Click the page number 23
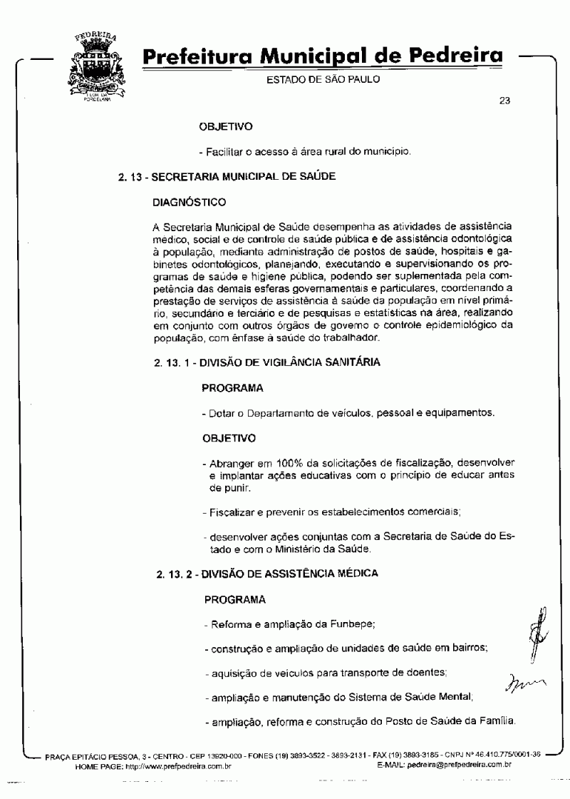coord(504,101)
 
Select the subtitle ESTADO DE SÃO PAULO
coord(323,79)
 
